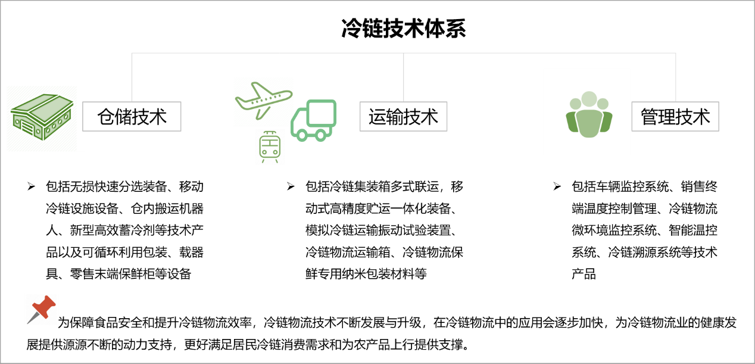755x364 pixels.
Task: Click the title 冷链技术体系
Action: coord(404,29)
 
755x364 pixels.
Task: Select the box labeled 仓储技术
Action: coord(132,116)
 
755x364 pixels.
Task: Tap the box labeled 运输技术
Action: coord(404,116)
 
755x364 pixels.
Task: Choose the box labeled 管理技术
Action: coord(675,116)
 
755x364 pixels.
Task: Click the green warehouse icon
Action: coord(42,117)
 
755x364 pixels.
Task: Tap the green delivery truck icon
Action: coord(313,120)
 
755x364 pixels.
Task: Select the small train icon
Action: coord(270,147)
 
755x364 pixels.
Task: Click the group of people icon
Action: coord(589,114)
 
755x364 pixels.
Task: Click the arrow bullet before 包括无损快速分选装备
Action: coord(31,186)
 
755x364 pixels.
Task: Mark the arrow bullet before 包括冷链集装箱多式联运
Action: coord(291,186)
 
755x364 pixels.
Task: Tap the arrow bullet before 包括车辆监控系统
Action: coord(557,186)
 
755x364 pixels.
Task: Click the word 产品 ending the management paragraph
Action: coord(584,274)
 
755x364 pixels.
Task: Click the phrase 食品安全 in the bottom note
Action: coord(118,323)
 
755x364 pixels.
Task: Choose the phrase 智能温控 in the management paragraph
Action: coord(693,231)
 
